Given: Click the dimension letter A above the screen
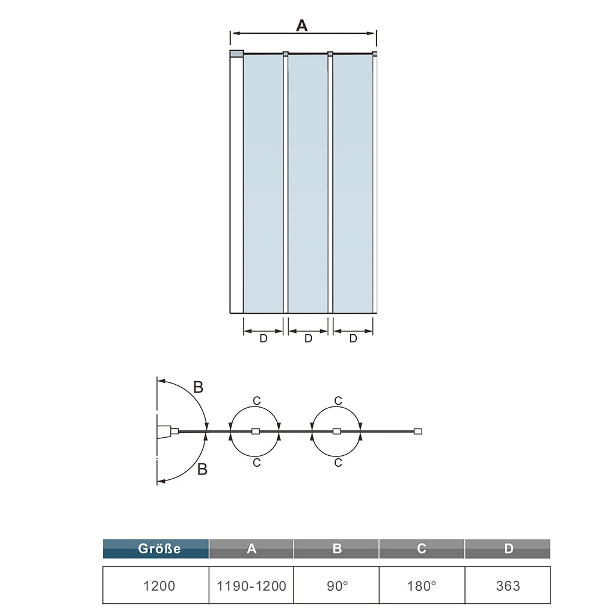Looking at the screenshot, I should coord(302,25).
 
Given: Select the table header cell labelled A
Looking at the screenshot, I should coord(251,549).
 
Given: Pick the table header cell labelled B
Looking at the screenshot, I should coord(337,549).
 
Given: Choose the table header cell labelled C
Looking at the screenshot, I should coord(422,549).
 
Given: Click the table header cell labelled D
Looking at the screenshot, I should coord(508,549).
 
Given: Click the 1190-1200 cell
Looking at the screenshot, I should coord(251,585).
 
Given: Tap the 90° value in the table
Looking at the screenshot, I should coord(337,585).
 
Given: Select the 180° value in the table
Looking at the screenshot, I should coord(422,585).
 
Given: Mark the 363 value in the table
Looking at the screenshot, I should coord(508,585).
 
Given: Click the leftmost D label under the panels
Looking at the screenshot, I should coord(263,338).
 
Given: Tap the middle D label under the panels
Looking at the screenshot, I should coord(308,338).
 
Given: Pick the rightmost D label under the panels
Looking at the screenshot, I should coord(353,338).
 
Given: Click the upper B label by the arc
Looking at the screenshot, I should coord(198,387).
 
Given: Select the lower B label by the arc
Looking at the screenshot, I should coord(202,470).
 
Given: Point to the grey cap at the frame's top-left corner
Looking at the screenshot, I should coord(236,54).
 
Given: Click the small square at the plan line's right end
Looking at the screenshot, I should coord(418,431).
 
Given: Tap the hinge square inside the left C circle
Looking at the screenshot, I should coord(255,431).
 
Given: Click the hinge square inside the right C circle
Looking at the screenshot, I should coord(337,431).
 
